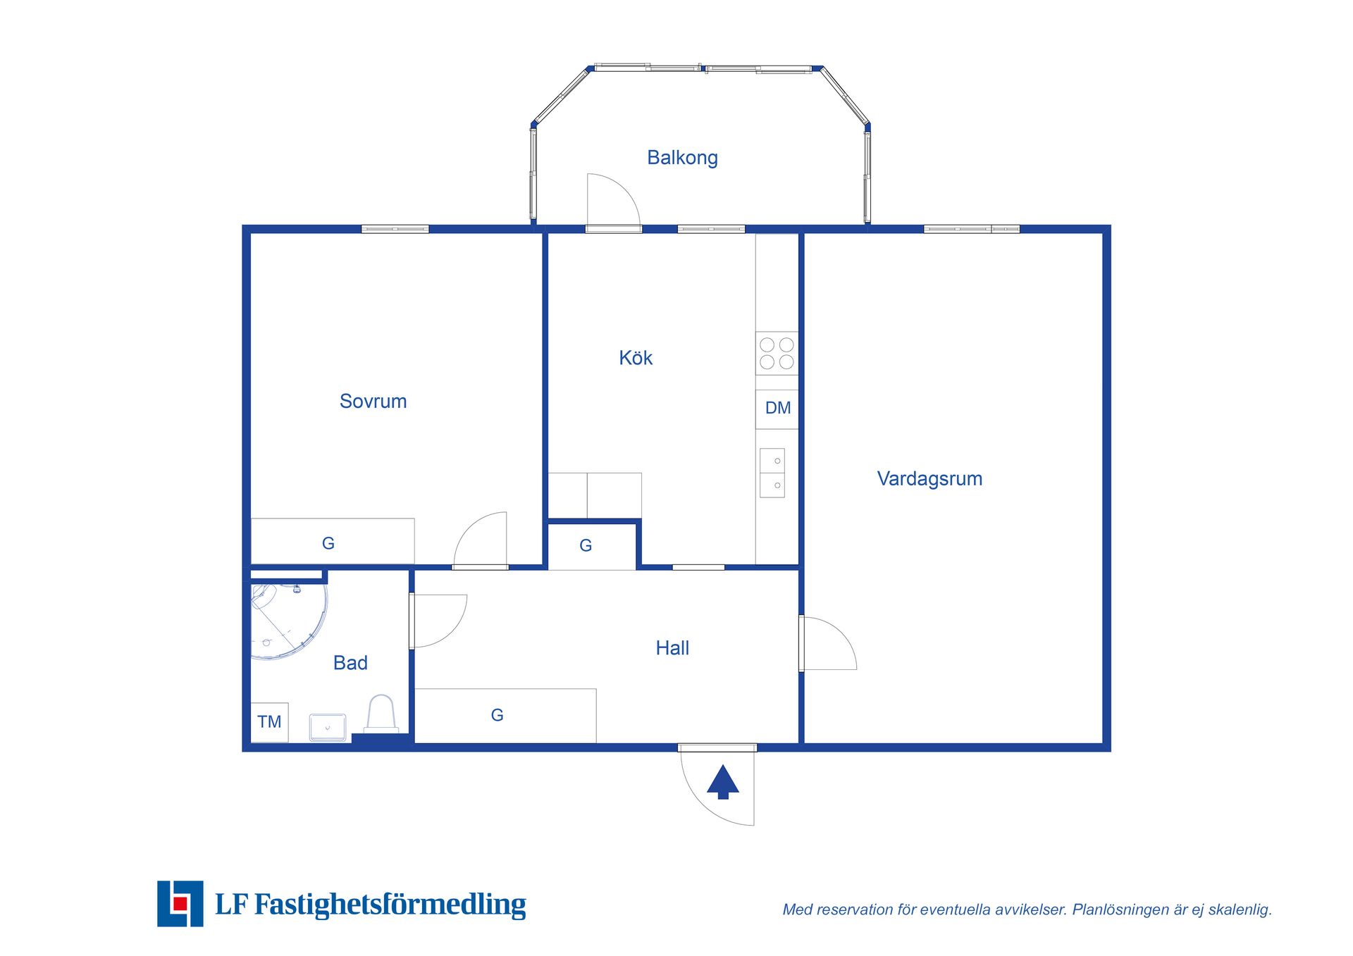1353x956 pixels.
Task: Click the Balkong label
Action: tap(682, 158)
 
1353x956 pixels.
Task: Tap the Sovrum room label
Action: tap(373, 402)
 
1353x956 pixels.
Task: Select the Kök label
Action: tap(636, 358)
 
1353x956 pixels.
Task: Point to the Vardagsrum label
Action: tap(929, 479)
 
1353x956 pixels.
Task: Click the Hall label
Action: tap(672, 648)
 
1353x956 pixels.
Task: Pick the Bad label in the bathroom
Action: tap(350, 663)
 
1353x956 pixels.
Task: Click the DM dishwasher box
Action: tap(777, 409)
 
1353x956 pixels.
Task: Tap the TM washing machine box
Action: tap(269, 722)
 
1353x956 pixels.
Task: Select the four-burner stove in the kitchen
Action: tap(777, 353)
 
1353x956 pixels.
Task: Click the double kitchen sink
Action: tap(772, 473)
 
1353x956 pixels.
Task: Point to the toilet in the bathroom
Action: tap(381, 714)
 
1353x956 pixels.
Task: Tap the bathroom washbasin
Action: tap(328, 727)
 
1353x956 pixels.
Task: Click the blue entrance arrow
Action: tap(722, 782)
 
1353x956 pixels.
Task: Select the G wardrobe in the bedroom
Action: tap(333, 541)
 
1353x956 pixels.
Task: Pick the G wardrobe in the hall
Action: tap(505, 715)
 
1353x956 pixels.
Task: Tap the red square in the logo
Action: tap(180, 903)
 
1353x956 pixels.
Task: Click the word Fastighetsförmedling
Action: tap(390, 905)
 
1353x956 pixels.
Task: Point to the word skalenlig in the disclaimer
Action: tap(1240, 910)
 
